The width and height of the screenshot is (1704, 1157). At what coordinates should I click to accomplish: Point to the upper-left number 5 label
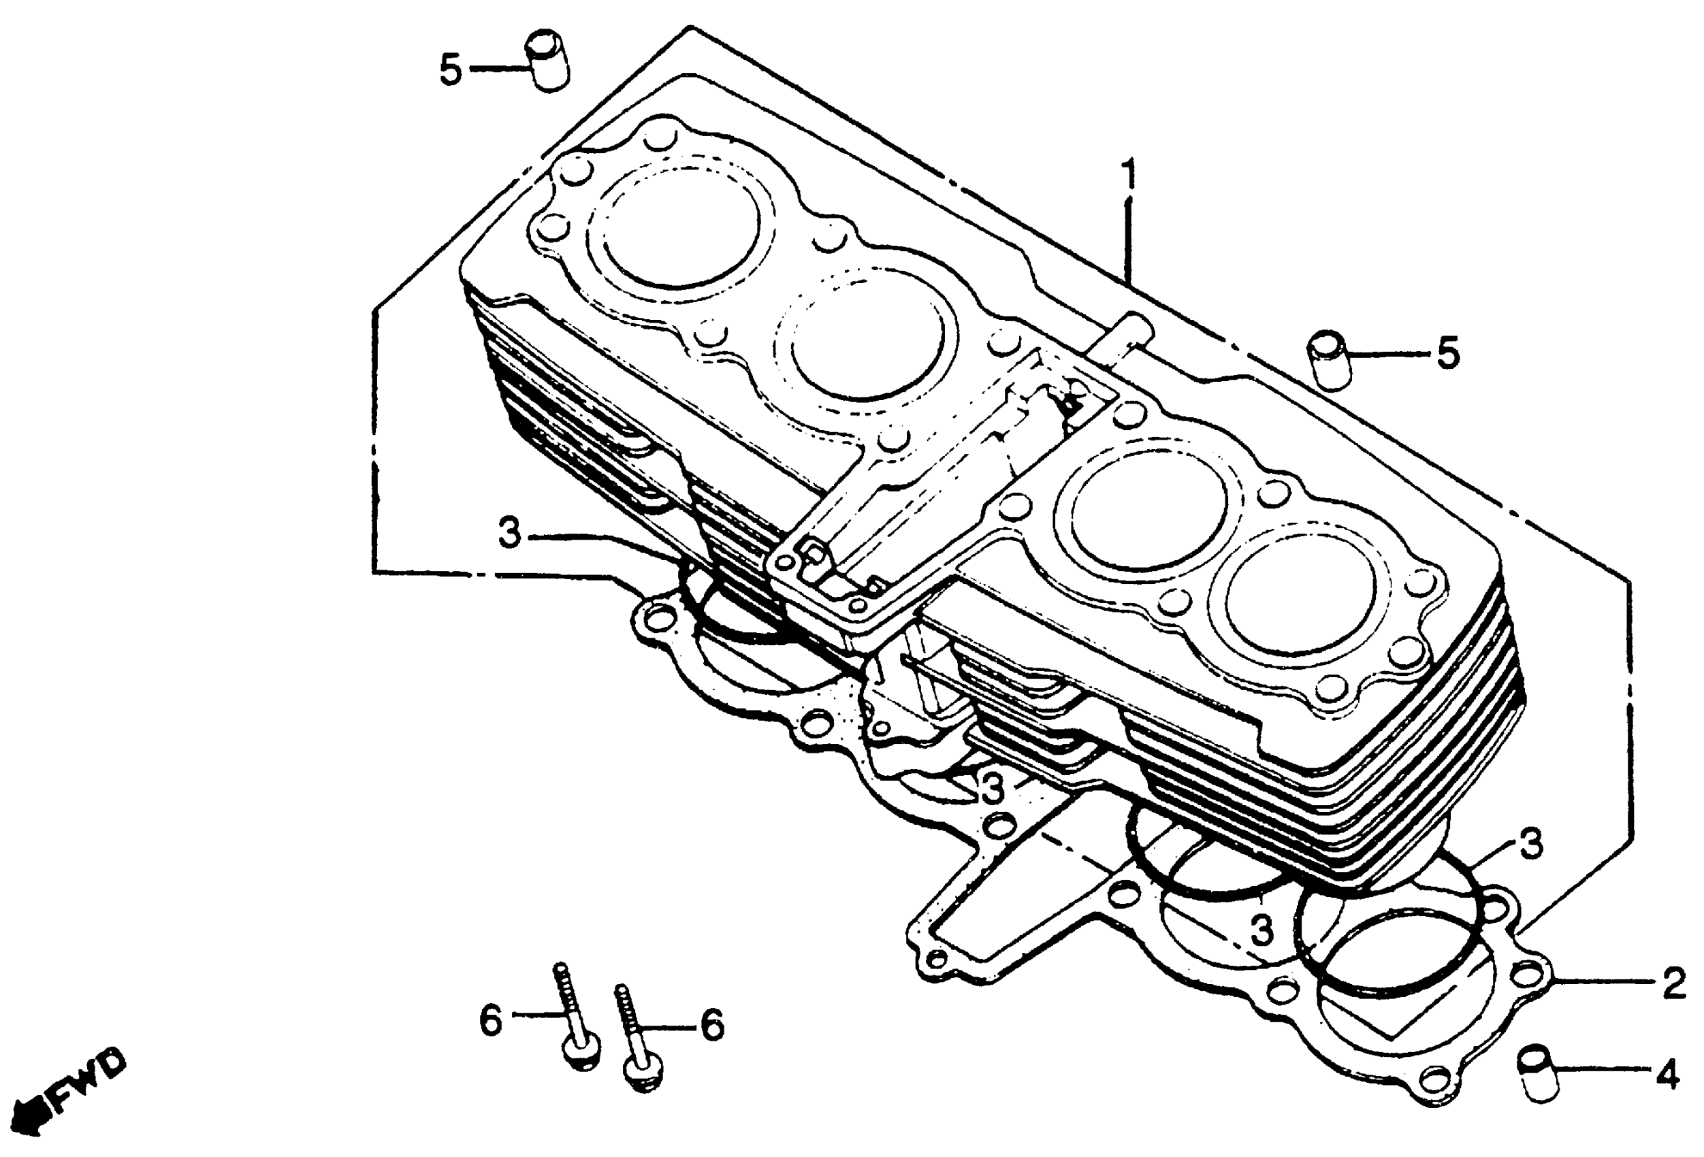[451, 71]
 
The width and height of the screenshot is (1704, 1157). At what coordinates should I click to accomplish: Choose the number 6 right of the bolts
[713, 1025]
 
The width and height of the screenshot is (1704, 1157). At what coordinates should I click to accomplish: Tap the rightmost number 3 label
[1530, 845]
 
